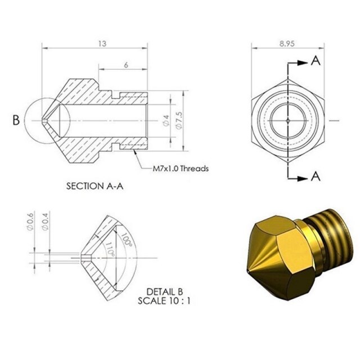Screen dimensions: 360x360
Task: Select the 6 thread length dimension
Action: tap(125, 65)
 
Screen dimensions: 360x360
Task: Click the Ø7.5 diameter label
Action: tap(179, 120)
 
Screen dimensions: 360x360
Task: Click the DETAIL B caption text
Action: tap(165, 291)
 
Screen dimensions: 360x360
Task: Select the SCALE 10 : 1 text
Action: tap(165, 300)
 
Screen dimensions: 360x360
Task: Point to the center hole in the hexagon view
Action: tap(287, 120)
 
